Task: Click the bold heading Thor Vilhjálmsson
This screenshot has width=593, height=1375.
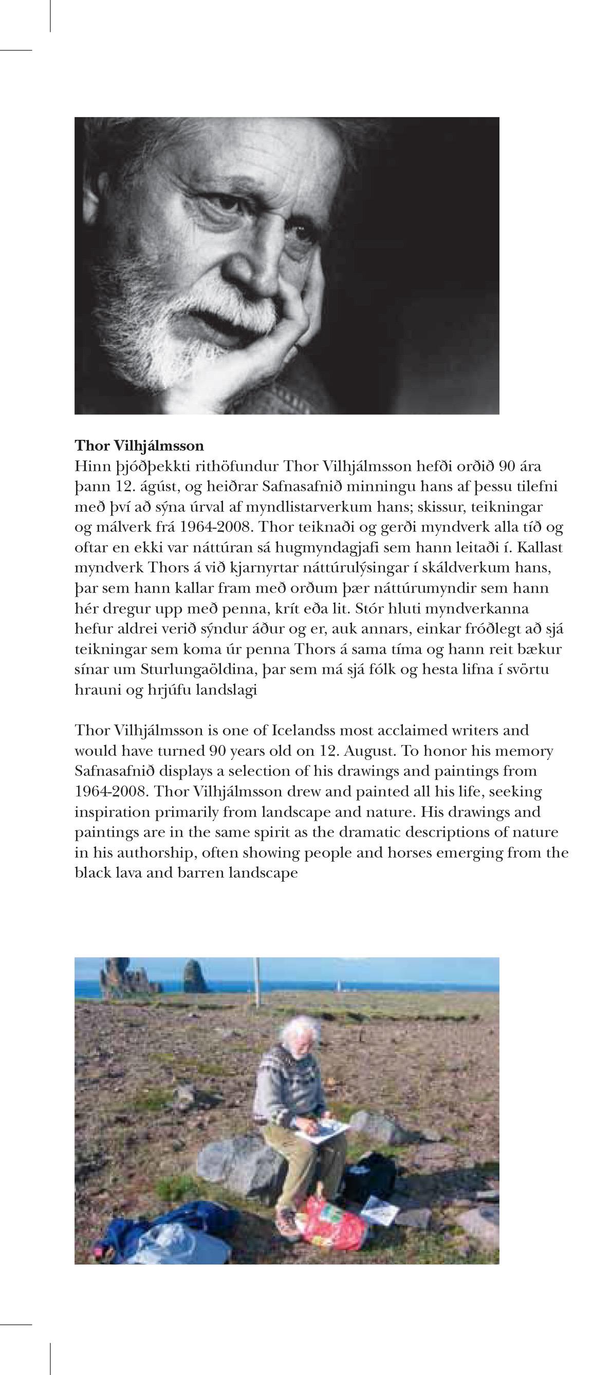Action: pos(139,445)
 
